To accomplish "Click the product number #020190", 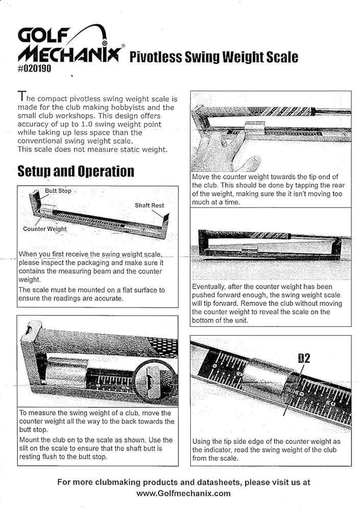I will pos(34,67).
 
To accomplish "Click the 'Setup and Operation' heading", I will pos(76,171).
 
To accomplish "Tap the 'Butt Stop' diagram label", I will pos(58,191).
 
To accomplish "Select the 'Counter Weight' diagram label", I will pos(45,229).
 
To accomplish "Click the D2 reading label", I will pos(304,358).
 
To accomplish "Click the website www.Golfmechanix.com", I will pos(183,493).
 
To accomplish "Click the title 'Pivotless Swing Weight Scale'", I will pos(214,57).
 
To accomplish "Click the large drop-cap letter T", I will pos(21,95).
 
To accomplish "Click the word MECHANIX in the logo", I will pos(68,54).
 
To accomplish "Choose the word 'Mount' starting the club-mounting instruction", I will pos(30,440).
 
